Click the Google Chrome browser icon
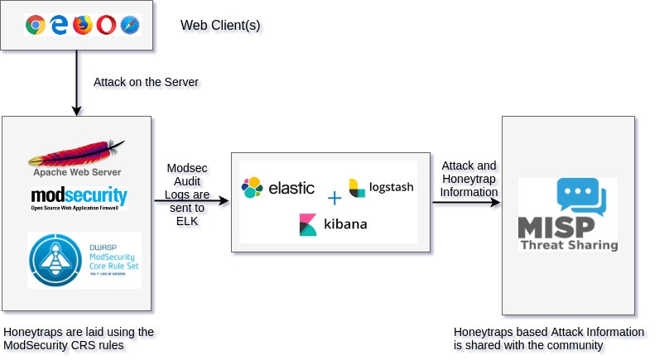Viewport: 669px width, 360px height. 35,25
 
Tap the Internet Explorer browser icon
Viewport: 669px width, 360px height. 59,25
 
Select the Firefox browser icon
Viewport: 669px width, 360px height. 83,25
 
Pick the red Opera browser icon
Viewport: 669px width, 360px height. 107,25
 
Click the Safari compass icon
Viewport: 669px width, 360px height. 130,25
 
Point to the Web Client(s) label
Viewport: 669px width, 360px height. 220,26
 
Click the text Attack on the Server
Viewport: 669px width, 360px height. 146,82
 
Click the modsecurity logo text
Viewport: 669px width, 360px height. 79,196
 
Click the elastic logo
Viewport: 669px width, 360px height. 277,188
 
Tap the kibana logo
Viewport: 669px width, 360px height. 333,224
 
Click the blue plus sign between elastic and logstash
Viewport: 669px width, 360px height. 334,199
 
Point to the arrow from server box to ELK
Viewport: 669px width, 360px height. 190,201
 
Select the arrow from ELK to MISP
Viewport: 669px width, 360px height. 466,201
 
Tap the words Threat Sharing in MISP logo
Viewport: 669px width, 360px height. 569,244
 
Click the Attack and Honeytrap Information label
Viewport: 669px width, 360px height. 469,179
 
